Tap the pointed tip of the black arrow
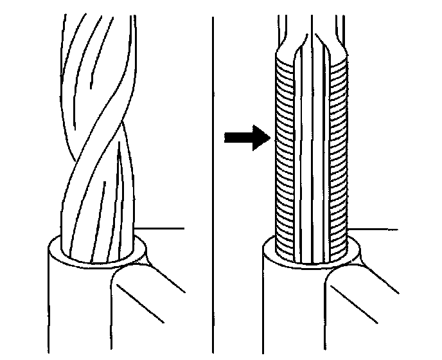click(267, 137)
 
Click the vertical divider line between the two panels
click(212, 180)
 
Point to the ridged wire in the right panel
click(312, 154)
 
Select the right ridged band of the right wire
click(339, 154)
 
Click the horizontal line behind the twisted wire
click(164, 228)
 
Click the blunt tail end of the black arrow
click(226, 137)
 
